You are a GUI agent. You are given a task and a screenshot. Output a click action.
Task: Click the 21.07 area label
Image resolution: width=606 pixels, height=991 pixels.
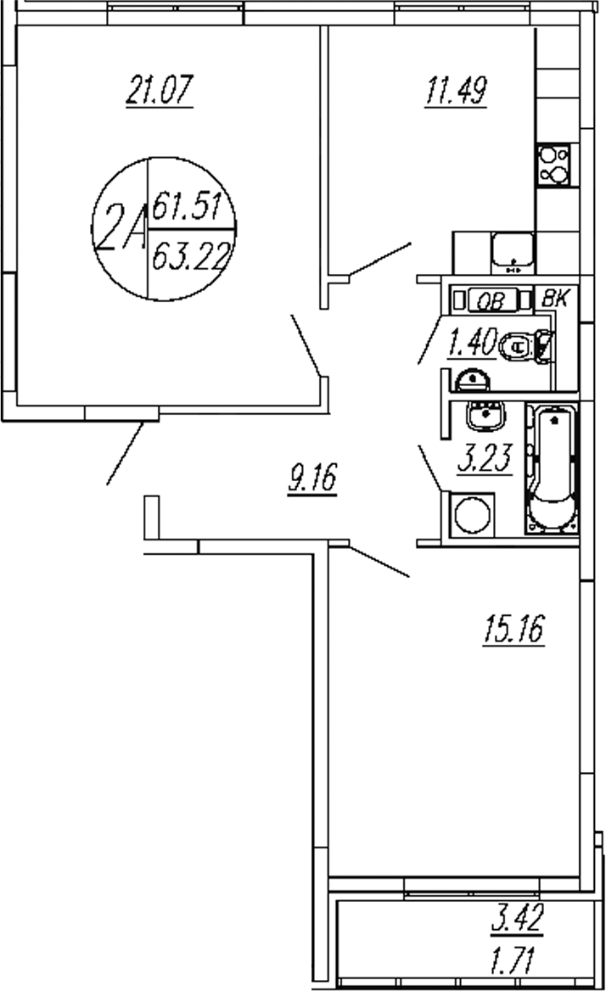160,90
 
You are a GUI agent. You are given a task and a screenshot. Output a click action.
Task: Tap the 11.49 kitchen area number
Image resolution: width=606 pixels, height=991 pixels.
455,90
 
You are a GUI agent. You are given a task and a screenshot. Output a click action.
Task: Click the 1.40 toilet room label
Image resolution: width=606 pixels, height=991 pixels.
471,344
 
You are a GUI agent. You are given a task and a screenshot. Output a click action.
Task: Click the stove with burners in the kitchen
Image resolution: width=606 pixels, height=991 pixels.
555,165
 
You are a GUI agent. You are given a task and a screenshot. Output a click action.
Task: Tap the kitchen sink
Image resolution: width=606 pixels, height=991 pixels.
513,252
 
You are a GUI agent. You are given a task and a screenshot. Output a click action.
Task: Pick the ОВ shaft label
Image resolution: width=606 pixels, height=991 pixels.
487,300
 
